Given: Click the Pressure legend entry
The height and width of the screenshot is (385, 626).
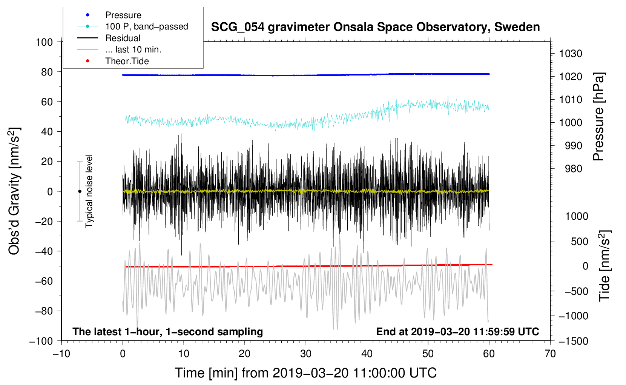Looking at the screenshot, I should click(123, 15).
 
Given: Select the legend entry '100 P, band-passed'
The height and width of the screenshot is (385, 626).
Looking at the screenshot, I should click(146, 26).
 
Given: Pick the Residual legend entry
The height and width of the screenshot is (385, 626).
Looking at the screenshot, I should click(123, 38).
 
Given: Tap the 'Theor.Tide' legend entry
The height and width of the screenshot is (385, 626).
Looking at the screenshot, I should click(127, 61).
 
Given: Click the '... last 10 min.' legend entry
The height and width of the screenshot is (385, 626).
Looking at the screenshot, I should click(133, 49).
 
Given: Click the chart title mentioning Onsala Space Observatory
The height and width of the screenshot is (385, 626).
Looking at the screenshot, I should click(375, 27).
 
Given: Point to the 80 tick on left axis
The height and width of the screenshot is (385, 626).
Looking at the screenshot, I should click(47, 72).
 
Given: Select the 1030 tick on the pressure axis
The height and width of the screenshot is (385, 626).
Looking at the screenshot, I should click(571, 54).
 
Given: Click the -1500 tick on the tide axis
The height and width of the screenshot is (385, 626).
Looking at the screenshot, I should click(573, 341).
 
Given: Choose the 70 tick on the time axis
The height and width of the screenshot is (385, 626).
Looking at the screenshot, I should click(550, 354).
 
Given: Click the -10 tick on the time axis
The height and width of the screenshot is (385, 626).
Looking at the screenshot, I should click(61, 354).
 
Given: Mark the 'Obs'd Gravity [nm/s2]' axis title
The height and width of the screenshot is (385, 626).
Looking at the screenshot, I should click(14, 191).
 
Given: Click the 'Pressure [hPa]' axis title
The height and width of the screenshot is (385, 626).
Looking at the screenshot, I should click(599, 117).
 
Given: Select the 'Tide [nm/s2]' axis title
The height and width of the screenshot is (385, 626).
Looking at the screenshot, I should click(605, 266).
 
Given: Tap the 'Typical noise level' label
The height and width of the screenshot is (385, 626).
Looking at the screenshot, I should click(89, 191).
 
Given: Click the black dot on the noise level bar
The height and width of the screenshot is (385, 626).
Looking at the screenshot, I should click(80, 191).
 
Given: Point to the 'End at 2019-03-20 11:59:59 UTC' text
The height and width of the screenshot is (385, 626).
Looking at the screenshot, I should click(457, 331).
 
